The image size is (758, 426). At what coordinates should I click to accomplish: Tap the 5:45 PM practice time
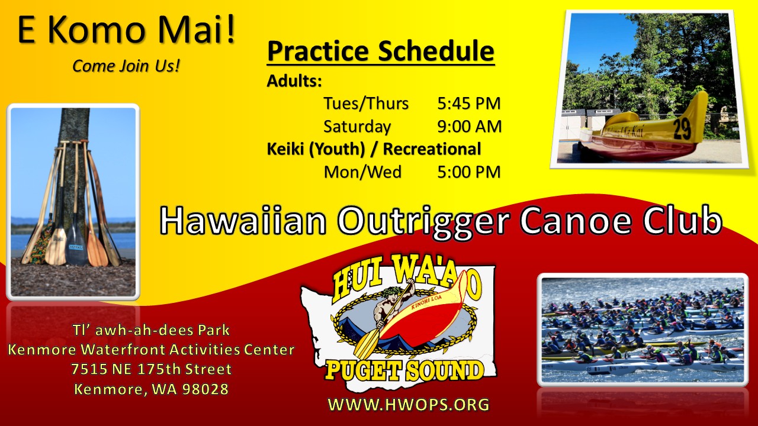[468, 103]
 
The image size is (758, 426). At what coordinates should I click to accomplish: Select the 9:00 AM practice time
[470, 126]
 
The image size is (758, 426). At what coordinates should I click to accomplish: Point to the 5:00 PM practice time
[468, 172]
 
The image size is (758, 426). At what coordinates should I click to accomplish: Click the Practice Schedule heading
[381, 51]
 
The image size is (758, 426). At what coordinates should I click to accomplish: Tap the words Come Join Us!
[126, 66]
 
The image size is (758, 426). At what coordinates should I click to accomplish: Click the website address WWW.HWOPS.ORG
[409, 404]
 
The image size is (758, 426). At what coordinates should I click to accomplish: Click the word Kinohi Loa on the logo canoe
[426, 302]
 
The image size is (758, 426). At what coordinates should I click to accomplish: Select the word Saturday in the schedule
[357, 127]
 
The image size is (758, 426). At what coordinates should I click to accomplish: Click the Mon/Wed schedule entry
[362, 172]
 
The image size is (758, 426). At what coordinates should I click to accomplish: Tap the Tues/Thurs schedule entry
[366, 103]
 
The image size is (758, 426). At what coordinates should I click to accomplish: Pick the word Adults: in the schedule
[294, 81]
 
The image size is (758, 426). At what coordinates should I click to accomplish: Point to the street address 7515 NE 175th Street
[151, 369]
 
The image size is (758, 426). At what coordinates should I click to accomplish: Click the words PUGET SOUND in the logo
[404, 370]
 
